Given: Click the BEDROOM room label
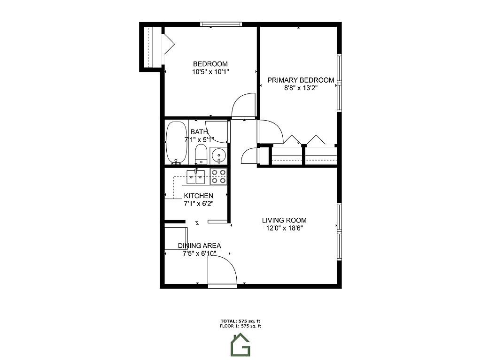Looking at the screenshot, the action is pos(210,64).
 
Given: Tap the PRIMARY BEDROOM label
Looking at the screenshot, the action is pos(301,80).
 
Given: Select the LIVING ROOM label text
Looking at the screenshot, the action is pos(284,220).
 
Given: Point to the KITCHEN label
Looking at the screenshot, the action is pos(199,196).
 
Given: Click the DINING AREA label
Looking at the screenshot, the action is pos(199,245).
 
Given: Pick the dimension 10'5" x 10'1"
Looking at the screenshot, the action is pos(210,72).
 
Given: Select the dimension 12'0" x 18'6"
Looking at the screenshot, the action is pos(284,228).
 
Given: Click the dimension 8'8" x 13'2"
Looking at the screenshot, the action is pos(301,88).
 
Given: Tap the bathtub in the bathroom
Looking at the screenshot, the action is pos(176,143).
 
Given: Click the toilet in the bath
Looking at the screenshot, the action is pos(201,154).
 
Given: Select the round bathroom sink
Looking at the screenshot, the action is pos(219,155).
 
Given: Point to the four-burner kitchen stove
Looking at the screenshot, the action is pos(218,176).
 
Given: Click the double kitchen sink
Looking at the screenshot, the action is pos(196,177).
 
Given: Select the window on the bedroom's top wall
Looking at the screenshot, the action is pos(221,24).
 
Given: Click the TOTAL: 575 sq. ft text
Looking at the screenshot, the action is pos(240,322).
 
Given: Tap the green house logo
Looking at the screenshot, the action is pos(240,345).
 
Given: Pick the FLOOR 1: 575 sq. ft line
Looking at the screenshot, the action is pos(240,326).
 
